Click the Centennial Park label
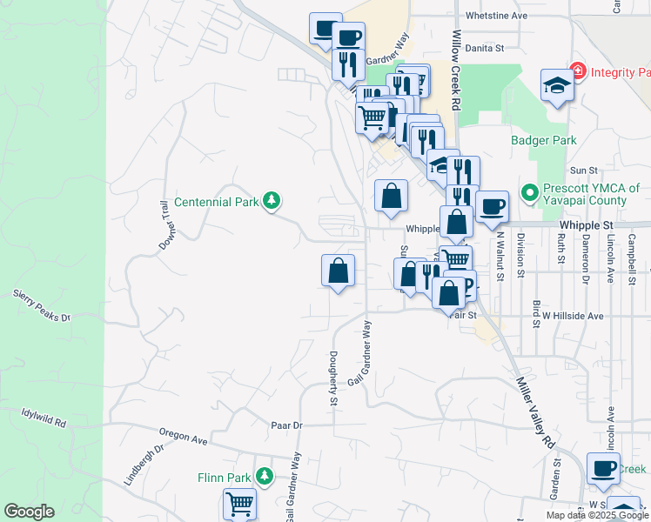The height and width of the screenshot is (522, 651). pos(217,202)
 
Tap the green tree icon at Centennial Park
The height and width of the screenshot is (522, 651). pos(272,202)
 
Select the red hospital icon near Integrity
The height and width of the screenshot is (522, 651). pos(576,70)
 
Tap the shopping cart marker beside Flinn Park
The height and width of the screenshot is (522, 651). pos(238,503)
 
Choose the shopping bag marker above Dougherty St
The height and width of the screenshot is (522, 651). pos(338,271)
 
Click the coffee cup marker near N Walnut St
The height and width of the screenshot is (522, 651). pos(492,206)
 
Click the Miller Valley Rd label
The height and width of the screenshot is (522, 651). pos(534,412)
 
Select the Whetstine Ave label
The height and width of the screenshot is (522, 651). pos(497,16)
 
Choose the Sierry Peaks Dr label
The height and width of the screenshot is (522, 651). pos(41,305)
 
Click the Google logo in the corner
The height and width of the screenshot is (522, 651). pos(29,512)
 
